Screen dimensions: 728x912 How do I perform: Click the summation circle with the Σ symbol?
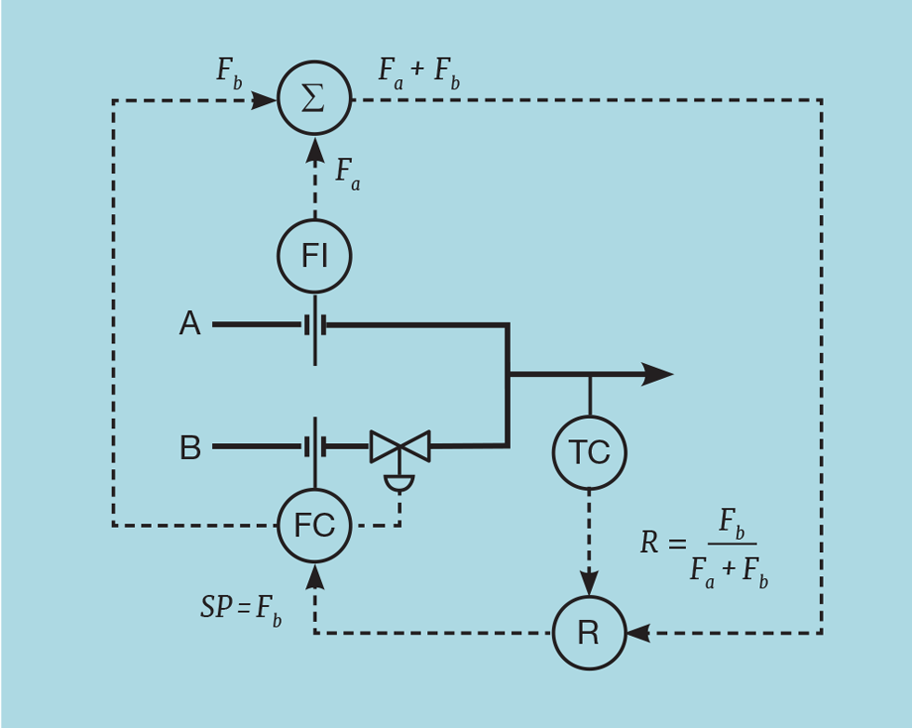click(x=315, y=99)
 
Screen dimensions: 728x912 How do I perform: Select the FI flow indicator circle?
click(x=315, y=256)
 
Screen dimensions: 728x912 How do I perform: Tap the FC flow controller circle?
click(x=315, y=526)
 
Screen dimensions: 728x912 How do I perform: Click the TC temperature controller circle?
click(x=589, y=452)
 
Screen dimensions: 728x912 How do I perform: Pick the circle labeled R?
click(x=589, y=633)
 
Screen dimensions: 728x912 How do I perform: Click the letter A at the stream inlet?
click(x=190, y=324)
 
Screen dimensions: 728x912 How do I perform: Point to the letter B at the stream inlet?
click(x=190, y=448)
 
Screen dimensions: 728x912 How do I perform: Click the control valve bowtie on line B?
click(x=400, y=446)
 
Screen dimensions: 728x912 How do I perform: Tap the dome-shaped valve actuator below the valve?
click(x=400, y=483)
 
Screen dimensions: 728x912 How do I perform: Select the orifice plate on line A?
click(x=315, y=326)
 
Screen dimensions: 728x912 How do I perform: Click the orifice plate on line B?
click(x=315, y=447)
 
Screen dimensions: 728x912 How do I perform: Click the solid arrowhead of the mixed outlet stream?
click(x=656, y=374)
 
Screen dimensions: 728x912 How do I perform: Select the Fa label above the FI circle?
click(x=347, y=173)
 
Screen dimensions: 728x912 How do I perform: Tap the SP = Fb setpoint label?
click(x=241, y=609)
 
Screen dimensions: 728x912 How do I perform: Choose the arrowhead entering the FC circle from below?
click(x=315, y=576)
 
